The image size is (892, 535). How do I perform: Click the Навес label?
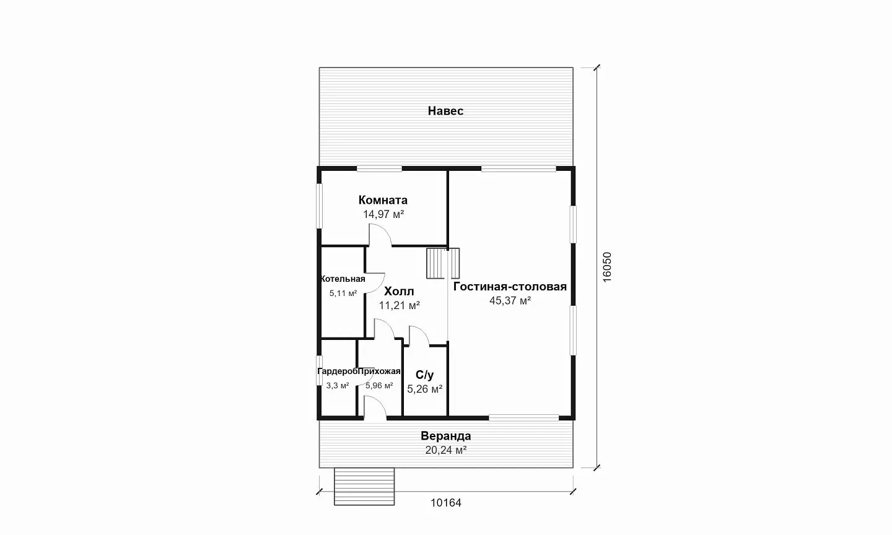445,111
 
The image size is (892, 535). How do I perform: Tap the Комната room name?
383,200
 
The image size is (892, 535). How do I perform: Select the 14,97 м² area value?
383,214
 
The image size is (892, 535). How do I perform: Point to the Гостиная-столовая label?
510,287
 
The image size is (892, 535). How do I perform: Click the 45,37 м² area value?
510,300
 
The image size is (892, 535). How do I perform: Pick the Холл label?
399,292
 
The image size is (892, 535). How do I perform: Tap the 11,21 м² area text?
400,305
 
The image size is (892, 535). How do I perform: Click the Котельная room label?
343,279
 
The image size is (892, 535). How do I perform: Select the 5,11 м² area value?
343,294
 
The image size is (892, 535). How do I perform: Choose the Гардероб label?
337,372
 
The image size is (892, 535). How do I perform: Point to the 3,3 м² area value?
337,385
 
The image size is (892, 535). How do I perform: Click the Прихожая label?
379,372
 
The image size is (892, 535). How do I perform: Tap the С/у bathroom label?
424,375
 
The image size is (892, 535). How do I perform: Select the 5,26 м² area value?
424,389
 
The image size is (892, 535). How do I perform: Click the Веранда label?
445,436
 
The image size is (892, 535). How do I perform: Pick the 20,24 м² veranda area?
445,450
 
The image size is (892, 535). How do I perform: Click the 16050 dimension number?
606,267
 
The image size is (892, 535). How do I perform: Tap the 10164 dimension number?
445,503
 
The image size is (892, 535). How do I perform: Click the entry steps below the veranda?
364,487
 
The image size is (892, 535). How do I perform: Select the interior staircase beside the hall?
443,263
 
